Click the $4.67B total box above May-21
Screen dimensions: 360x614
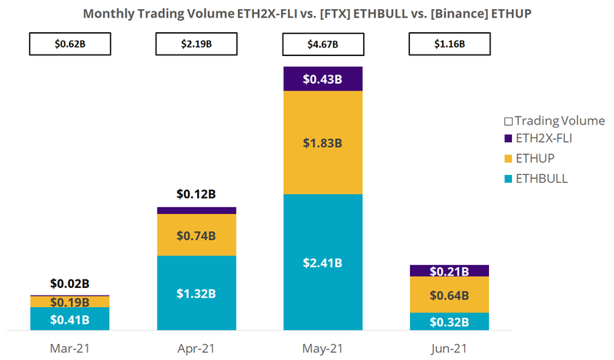coord(322,45)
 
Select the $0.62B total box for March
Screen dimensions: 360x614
coord(69,45)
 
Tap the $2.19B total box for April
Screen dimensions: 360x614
coord(196,45)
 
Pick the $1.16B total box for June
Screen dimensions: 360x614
coord(449,45)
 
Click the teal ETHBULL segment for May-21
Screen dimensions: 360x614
coord(322,262)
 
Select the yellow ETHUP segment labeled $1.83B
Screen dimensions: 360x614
coord(322,143)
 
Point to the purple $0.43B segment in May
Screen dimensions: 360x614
coord(322,79)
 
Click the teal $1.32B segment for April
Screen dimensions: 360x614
coord(196,292)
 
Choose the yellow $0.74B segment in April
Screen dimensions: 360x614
coord(196,235)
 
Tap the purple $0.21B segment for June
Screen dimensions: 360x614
coord(449,270)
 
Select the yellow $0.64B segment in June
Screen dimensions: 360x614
coord(449,295)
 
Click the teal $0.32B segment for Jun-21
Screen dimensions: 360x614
coord(449,321)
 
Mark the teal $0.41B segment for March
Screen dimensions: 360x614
coord(70,319)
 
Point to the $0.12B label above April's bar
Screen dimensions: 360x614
coord(196,194)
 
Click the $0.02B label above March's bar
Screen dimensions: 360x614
coord(70,284)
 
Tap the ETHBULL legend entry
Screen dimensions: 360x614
coord(542,178)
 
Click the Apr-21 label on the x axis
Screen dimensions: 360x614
coord(196,348)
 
